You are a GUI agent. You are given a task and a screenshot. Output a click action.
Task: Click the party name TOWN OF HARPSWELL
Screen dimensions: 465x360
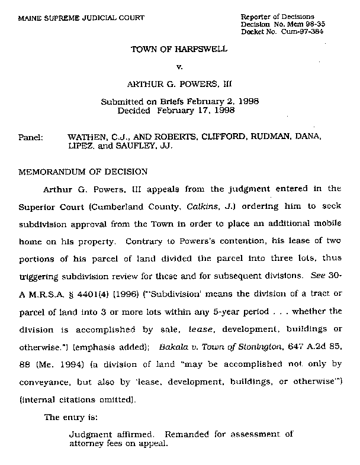[x=179, y=49]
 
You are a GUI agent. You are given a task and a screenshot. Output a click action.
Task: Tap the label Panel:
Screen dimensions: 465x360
[x=31, y=137]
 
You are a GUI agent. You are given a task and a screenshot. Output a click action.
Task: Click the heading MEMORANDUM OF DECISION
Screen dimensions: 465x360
[x=83, y=172]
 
